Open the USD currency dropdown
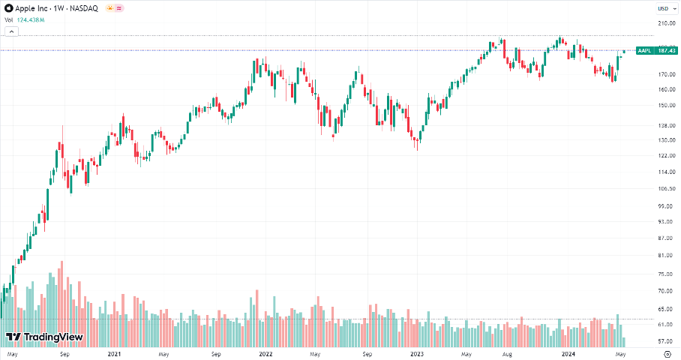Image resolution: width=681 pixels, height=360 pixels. click(x=664, y=8)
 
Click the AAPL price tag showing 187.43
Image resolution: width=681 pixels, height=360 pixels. click(x=655, y=50)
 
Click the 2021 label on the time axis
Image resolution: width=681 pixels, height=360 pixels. click(x=114, y=352)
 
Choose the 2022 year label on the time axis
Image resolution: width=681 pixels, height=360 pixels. click(x=265, y=352)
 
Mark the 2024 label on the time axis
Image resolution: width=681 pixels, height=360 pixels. click(x=568, y=352)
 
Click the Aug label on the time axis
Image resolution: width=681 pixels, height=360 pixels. click(x=507, y=352)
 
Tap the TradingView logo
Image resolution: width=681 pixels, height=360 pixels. click(x=44, y=337)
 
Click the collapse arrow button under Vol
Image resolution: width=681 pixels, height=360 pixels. click(x=11, y=31)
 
